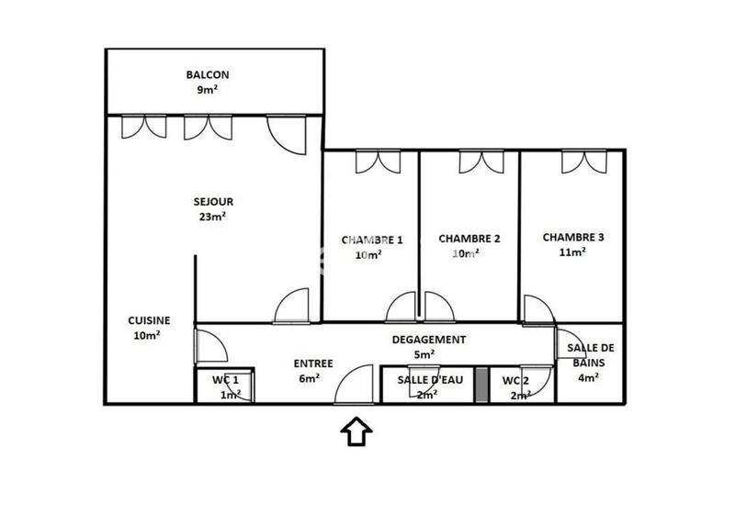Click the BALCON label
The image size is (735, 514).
tap(207, 75)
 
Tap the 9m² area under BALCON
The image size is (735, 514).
tap(207, 90)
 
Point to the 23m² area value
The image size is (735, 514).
tap(212, 217)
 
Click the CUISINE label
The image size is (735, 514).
tap(148, 320)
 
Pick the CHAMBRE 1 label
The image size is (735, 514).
tap(372, 240)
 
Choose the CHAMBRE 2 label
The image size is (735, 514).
tap(469, 239)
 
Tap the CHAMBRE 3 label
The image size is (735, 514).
tap(572, 237)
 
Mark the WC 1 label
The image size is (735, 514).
tap(225, 380)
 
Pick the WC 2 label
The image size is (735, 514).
tap(516, 380)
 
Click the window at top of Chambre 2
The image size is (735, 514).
tap(481, 162)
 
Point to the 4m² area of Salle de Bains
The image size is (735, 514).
tap(589, 375)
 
